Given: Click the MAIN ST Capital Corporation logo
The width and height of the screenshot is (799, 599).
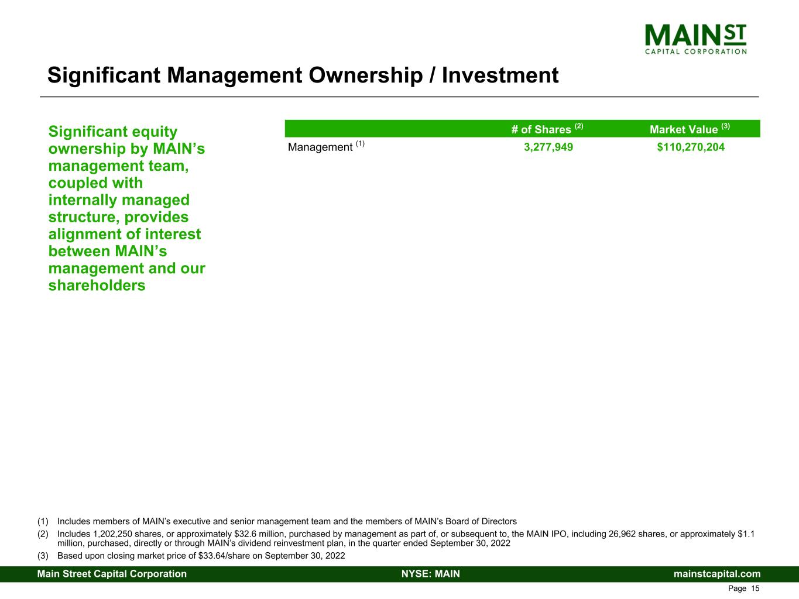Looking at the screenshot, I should pyautogui.click(x=695, y=39).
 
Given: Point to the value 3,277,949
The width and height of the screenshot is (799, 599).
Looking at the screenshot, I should pyautogui.click(x=548, y=147).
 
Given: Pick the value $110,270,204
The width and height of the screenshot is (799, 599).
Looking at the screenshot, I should pyautogui.click(x=691, y=147).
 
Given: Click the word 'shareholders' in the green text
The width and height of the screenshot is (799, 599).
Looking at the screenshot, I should pyautogui.click(x=97, y=285).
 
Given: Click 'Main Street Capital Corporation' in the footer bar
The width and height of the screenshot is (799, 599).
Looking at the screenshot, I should pyautogui.click(x=112, y=574).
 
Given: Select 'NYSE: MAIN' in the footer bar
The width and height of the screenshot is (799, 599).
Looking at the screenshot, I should pyautogui.click(x=431, y=574).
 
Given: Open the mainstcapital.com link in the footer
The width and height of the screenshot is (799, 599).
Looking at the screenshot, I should pyautogui.click(x=717, y=574).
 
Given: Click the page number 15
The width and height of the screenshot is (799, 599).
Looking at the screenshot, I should pyautogui.click(x=755, y=588).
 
